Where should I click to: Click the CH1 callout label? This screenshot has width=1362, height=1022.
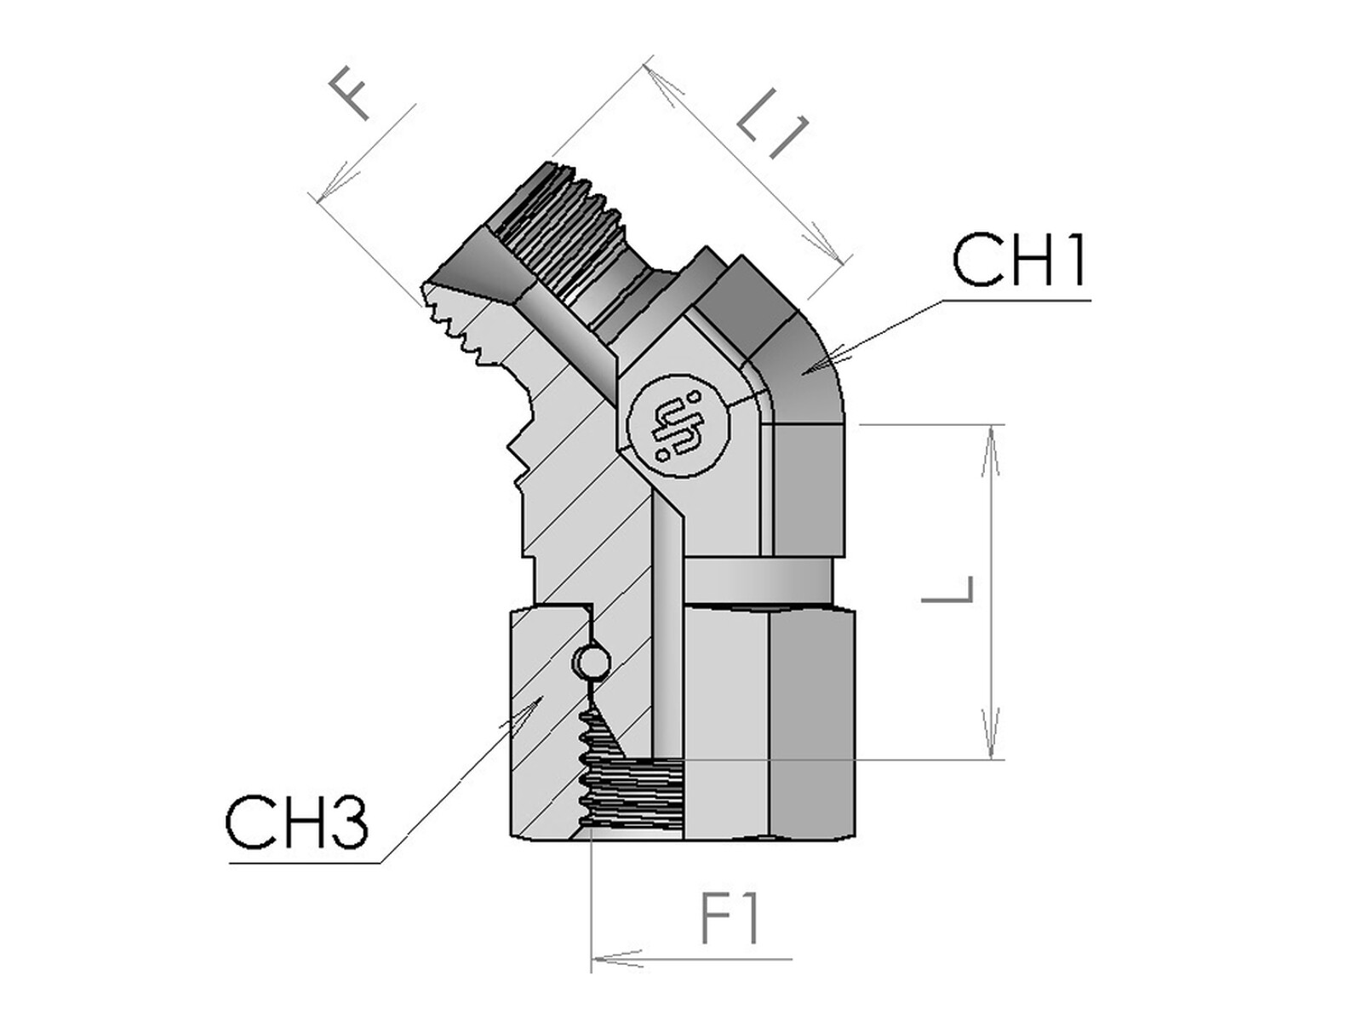coord(1019,261)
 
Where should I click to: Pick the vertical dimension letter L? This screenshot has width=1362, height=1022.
coord(947,589)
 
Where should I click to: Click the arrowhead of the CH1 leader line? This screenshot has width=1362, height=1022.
coord(818,363)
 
